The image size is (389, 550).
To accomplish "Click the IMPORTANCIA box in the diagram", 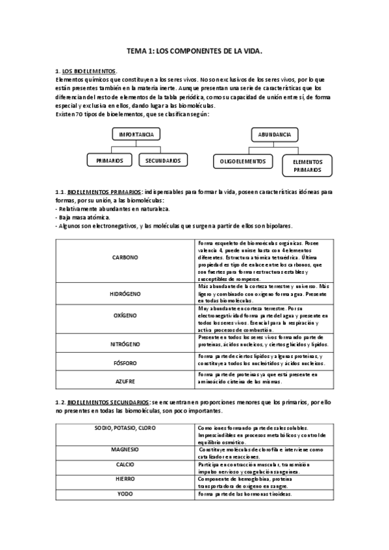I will pyautogui.click(x=136, y=134).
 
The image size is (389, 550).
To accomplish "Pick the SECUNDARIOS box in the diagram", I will pyautogui.click(x=163, y=160).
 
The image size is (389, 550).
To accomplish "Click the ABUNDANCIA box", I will pyautogui.click(x=274, y=134).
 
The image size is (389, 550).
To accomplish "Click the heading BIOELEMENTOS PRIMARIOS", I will pyautogui.click(x=104, y=193).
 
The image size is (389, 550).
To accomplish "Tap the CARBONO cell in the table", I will pyautogui.click(x=125, y=257).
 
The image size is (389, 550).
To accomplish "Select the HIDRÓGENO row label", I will pyautogui.click(x=125, y=293).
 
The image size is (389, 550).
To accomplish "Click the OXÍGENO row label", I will pyautogui.click(x=125, y=315).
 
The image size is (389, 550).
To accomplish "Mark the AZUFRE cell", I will pyautogui.click(x=125, y=381).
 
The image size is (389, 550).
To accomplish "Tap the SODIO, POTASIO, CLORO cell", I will pyautogui.click(x=125, y=429).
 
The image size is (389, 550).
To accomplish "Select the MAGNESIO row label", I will pyautogui.click(x=125, y=449).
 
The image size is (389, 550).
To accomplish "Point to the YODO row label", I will pyautogui.click(x=125, y=494).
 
